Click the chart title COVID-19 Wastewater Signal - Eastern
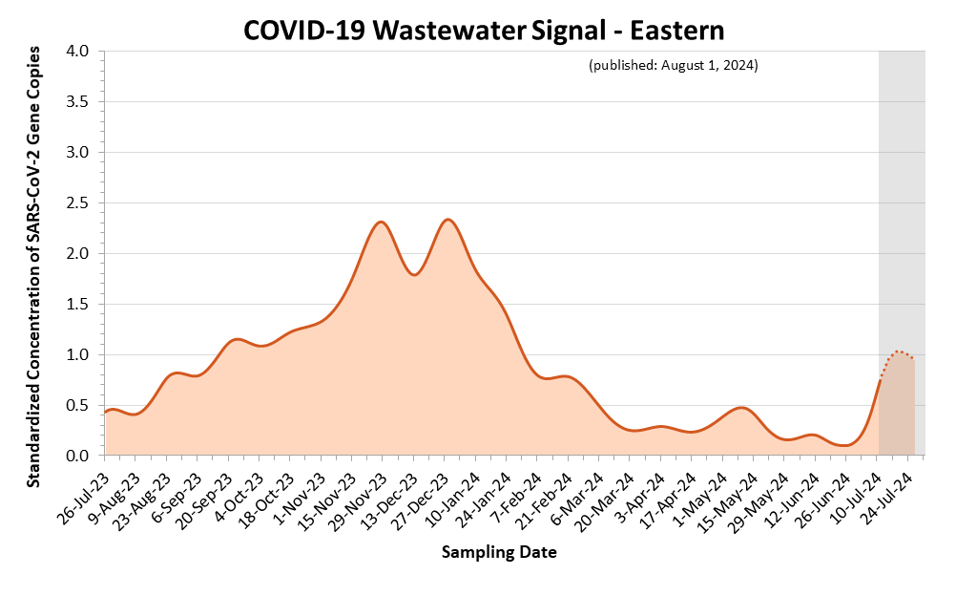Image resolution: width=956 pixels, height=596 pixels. pyautogui.click(x=484, y=30)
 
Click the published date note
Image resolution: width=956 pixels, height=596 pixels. pyautogui.click(x=674, y=65)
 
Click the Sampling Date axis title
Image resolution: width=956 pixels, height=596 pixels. pyautogui.click(x=499, y=552)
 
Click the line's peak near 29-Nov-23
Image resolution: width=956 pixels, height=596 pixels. pyautogui.click(x=381, y=222)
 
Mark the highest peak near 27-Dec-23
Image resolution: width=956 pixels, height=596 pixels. pyautogui.click(x=447, y=220)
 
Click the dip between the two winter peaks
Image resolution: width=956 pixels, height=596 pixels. pyautogui.click(x=413, y=275)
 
